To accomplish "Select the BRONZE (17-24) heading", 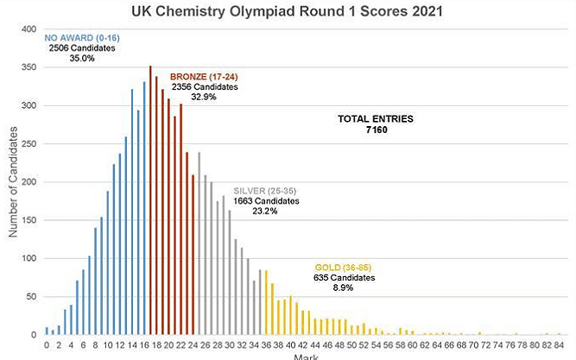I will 204,76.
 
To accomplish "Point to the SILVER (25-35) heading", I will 266,190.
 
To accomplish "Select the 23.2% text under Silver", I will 266,211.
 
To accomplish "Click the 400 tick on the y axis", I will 28,29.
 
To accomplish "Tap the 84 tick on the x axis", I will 560,344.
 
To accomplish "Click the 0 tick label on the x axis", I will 46,344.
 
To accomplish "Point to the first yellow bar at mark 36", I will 267,302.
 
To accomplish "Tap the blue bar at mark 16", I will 144,208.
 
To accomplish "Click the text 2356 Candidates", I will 204,86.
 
